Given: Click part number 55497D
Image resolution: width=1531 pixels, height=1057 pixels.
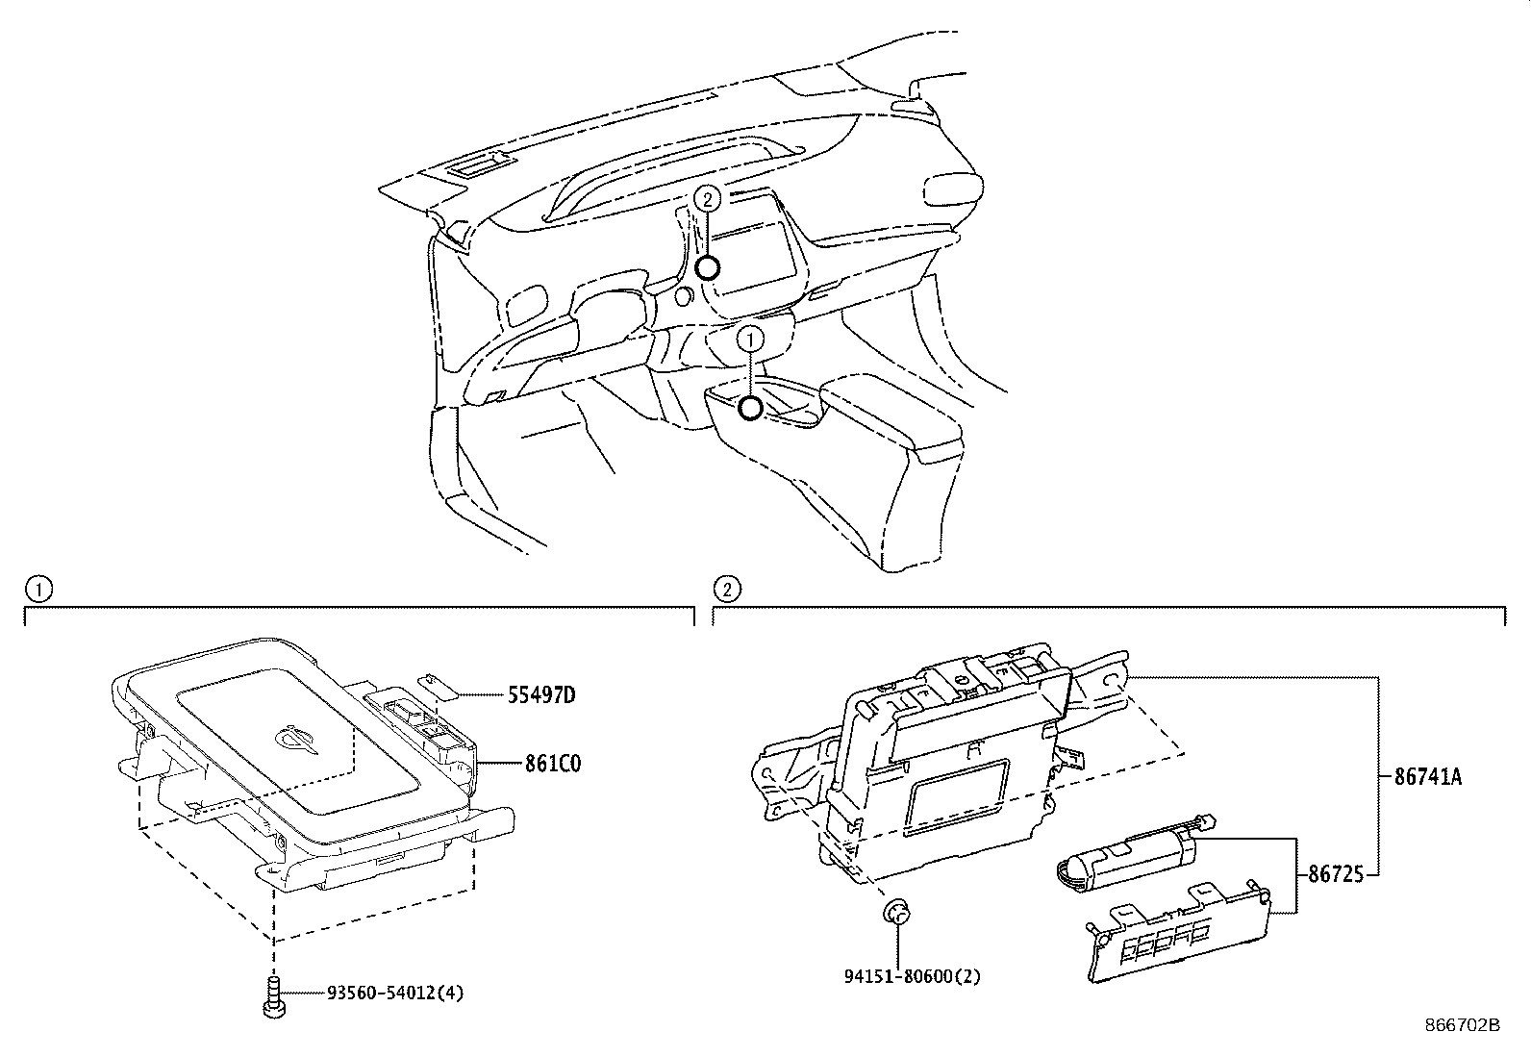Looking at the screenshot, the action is (x=541, y=695).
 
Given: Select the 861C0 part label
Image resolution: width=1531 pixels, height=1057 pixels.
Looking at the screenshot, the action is (x=553, y=763).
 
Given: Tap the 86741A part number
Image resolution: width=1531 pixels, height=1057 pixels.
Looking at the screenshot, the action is (x=1428, y=777).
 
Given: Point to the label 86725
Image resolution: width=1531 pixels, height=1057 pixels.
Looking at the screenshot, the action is (x=1336, y=873).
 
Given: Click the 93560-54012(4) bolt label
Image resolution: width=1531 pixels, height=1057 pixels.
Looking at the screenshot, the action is (x=395, y=992).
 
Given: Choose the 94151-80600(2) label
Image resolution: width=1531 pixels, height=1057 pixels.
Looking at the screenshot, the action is (x=912, y=975).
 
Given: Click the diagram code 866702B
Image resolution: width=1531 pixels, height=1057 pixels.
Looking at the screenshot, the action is (x=1463, y=1025).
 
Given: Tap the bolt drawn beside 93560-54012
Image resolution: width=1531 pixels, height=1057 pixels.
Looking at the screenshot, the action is (x=274, y=997).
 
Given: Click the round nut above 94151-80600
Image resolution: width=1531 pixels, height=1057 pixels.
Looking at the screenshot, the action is (x=896, y=912).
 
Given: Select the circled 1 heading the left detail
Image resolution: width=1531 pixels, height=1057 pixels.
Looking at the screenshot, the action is (x=38, y=589).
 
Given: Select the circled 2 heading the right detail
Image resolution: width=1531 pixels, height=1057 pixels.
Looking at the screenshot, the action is (x=726, y=589).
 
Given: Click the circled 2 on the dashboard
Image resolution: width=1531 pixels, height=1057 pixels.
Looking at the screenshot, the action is (x=708, y=199).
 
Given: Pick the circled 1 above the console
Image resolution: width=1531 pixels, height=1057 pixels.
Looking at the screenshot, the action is (x=750, y=339).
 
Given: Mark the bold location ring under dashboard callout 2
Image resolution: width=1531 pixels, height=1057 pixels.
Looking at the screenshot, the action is (x=708, y=267).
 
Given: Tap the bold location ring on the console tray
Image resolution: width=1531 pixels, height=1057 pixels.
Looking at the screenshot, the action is (x=750, y=408).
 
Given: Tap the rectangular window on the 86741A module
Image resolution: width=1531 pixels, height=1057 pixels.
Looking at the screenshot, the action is (x=956, y=797).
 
